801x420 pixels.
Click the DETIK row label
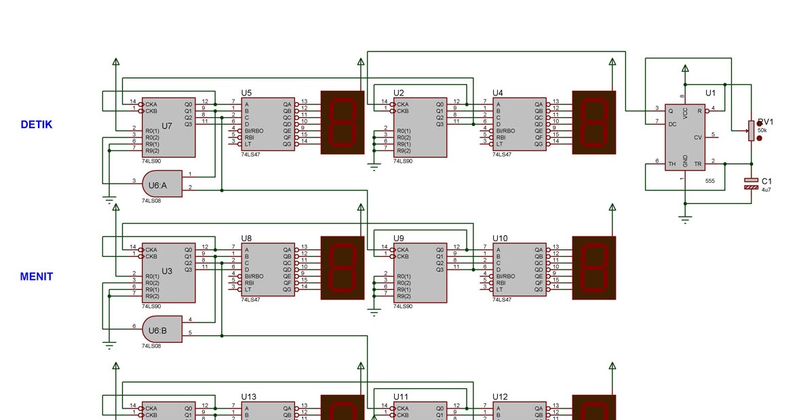(x=36, y=125)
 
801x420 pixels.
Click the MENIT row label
(x=36, y=276)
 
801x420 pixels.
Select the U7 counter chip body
(x=168, y=127)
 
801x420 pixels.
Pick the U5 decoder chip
(x=268, y=124)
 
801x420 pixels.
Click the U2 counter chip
(x=420, y=127)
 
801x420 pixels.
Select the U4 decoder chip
(x=519, y=124)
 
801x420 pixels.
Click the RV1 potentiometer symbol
(x=751, y=131)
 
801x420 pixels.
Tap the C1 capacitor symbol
(x=751, y=183)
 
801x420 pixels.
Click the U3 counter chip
(x=168, y=273)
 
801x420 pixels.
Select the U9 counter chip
(x=420, y=273)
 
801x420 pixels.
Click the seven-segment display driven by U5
(x=343, y=122)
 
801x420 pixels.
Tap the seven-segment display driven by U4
(x=594, y=122)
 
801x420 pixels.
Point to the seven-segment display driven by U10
(x=594, y=268)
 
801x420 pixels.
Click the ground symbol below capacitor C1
(x=685, y=218)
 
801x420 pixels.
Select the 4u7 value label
(x=766, y=190)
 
